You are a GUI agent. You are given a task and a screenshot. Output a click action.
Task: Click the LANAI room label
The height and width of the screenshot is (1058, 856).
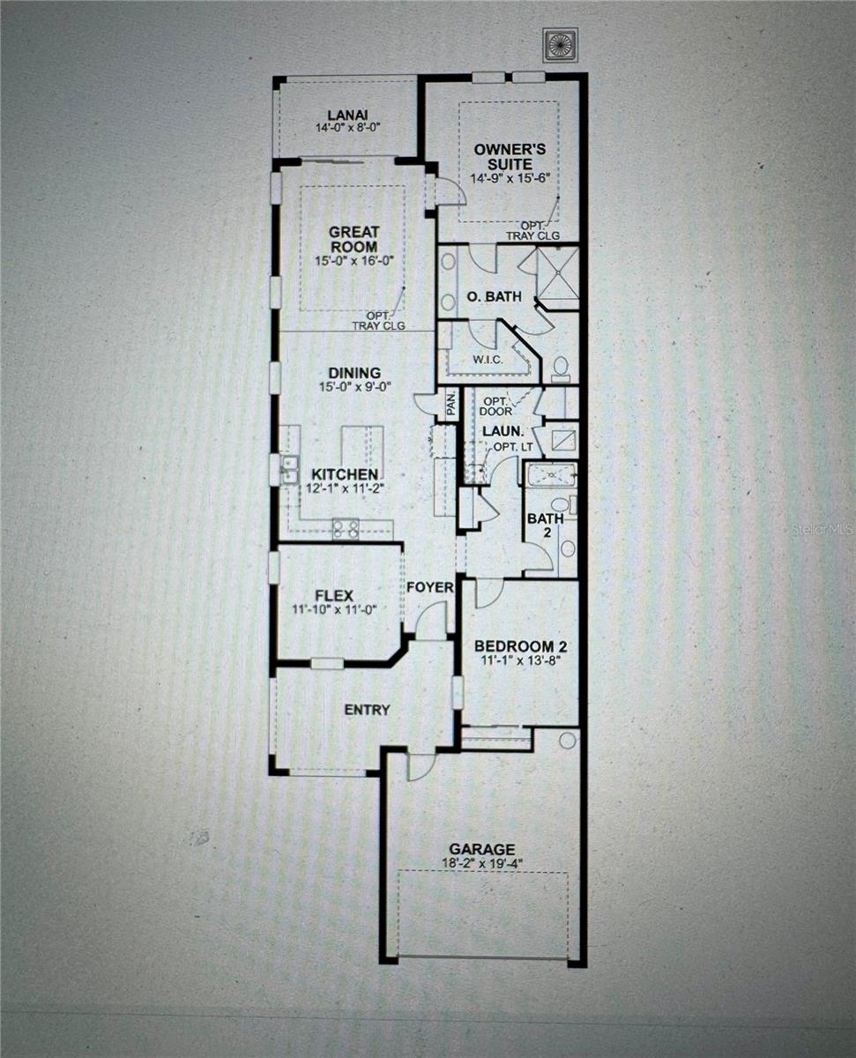point(346,115)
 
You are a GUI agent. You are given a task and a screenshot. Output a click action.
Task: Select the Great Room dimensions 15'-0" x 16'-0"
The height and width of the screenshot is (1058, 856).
point(354,262)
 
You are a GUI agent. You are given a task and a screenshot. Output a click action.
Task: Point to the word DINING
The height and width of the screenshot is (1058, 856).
point(354,372)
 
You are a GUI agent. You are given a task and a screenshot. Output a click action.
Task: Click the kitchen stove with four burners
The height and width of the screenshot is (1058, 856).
point(344,528)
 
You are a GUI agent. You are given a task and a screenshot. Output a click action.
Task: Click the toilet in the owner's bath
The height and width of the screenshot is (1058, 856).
point(561,369)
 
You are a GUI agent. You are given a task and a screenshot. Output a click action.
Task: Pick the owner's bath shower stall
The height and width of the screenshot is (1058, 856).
point(556,272)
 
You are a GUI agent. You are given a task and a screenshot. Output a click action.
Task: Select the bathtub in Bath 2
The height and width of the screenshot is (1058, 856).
point(551,476)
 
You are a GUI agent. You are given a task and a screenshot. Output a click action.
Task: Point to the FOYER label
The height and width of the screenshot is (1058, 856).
point(430,587)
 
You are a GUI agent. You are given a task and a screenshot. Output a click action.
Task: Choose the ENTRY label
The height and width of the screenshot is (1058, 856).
point(367,710)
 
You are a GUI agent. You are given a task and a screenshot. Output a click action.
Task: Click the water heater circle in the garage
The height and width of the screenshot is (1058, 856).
point(567,740)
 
